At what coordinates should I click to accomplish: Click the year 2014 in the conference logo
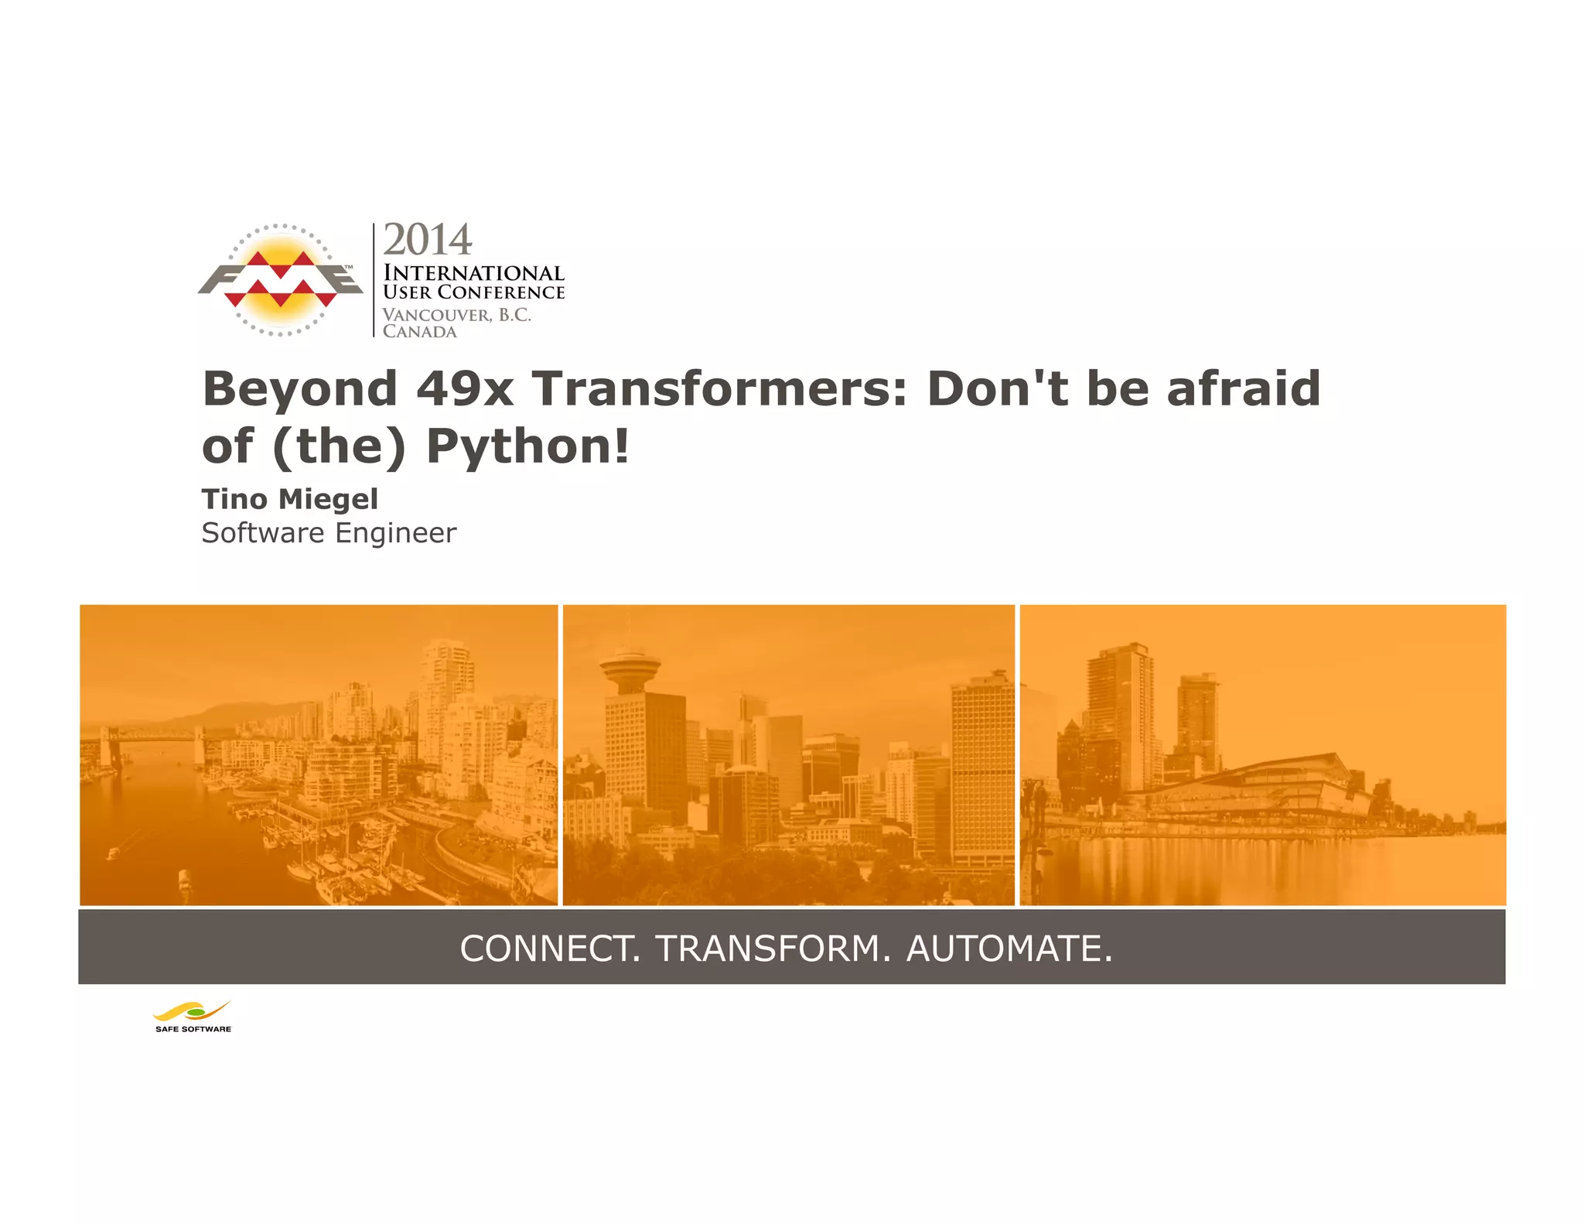(x=427, y=240)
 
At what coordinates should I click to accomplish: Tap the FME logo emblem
(x=280, y=280)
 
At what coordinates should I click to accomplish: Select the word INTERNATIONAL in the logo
(x=473, y=273)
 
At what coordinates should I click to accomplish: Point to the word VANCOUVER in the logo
(x=437, y=315)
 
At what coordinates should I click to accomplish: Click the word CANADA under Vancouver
(x=420, y=332)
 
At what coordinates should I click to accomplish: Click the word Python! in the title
(x=528, y=446)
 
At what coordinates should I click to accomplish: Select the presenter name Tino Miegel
(x=290, y=499)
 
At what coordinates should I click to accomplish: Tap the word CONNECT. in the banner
(x=550, y=949)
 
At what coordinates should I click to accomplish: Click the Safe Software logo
(x=193, y=1017)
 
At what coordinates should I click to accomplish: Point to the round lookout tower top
(x=630, y=665)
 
